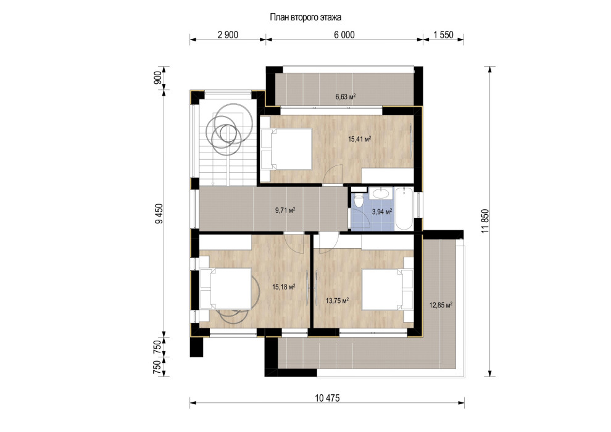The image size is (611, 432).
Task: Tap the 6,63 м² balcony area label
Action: (345, 97)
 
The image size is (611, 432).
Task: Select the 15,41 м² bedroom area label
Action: (359, 139)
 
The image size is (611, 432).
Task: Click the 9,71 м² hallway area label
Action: (285, 210)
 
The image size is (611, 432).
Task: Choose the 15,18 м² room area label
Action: (283, 287)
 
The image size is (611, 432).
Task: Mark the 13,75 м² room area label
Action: (337, 301)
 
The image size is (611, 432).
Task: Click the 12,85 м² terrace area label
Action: (441, 305)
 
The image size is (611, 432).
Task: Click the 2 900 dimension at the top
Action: (228, 35)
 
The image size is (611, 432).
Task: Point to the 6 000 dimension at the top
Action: (344, 35)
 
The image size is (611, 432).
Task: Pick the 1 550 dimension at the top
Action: (444, 35)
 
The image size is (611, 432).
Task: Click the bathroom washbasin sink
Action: (381, 193)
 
